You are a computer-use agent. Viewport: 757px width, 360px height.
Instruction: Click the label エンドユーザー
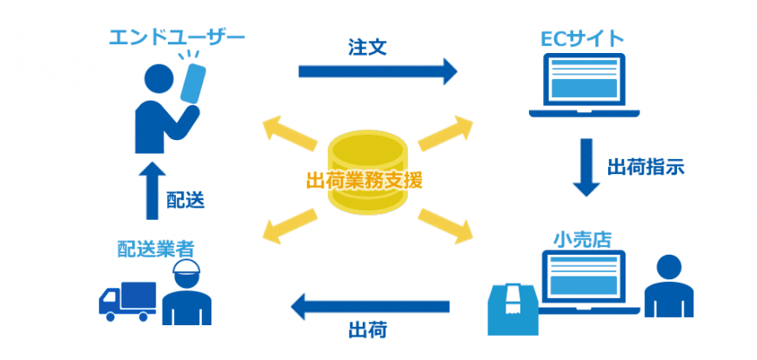(x=176, y=37)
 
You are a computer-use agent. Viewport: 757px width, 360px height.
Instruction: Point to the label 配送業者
(x=156, y=250)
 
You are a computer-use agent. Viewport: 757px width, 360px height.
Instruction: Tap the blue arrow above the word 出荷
(x=370, y=305)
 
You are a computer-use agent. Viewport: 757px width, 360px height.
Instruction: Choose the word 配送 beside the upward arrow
(x=185, y=201)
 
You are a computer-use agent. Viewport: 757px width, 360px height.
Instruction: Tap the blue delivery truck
(x=127, y=300)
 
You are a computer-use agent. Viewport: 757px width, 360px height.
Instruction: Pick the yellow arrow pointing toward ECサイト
(x=445, y=131)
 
